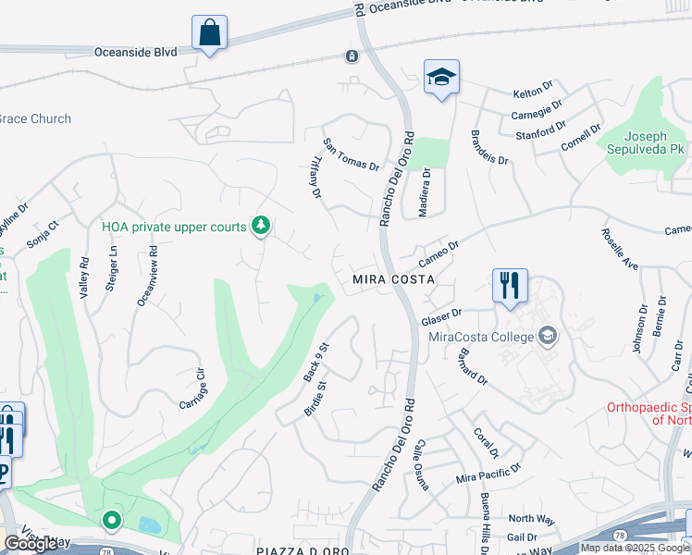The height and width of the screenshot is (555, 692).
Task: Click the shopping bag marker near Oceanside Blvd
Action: pos(210,33)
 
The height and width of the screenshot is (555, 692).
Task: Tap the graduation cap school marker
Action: pos(441,78)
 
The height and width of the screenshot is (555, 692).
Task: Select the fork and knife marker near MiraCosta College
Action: pos(509,287)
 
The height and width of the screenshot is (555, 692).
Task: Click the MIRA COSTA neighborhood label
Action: pos(393,278)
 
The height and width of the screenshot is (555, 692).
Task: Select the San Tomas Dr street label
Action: pos(351,154)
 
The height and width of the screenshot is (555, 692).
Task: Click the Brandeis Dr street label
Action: pos(489,146)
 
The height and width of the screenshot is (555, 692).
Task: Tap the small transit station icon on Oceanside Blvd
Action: pos(352,56)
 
